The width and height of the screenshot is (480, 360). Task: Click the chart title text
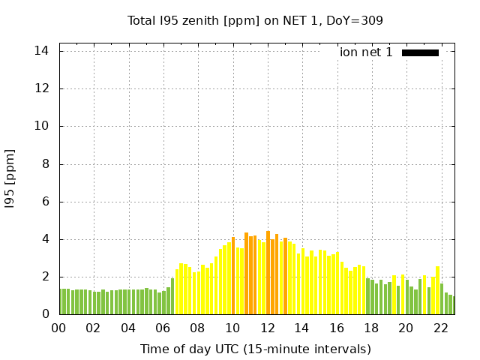tap(255, 20)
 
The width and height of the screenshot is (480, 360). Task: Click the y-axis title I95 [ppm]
tap(10, 178)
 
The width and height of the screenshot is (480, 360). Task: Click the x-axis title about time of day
tap(255, 349)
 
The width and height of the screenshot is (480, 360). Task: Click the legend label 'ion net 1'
tap(366, 52)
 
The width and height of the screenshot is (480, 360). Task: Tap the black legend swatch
tap(420, 52)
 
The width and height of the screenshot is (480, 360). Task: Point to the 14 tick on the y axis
tap(41, 51)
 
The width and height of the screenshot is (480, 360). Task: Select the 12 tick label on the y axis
tap(41, 88)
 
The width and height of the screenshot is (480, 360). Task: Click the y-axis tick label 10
tap(41, 126)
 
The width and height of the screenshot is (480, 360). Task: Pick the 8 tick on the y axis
tap(44, 164)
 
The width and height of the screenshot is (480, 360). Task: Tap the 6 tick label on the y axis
tap(44, 202)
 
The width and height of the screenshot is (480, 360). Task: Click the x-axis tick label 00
tap(58, 328)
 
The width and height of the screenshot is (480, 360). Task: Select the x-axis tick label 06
tap(163, 328)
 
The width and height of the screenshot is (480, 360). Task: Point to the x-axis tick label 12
tap(267, 328)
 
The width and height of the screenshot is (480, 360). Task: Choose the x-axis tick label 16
tap(336, 328)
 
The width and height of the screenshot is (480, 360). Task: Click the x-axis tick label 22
tap(440, 328)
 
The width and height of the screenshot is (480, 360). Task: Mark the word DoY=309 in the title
tap(357, 20)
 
